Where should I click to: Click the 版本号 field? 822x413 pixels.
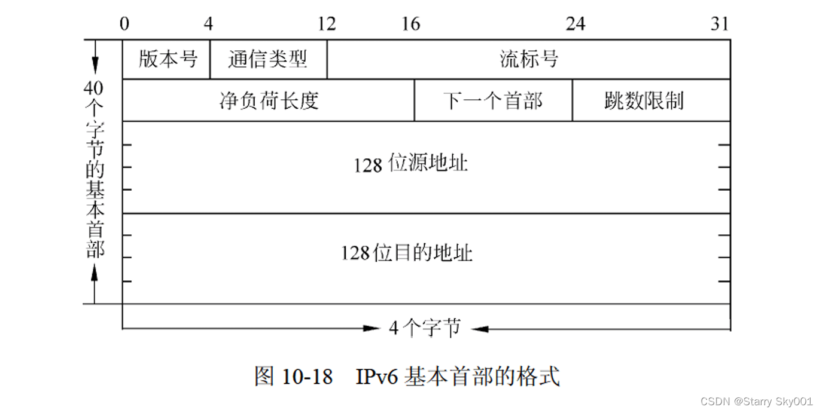pyautogui.click(x=168, y=59)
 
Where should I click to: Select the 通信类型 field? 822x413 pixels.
pyautogui.click(x=267, y=59)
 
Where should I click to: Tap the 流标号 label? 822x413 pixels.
pyautogui.click(x=529, y=59)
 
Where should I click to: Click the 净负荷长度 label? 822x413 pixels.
pyautogui.click(x=269, y=100)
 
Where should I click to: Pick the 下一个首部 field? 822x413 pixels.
pyautogui.click(x=493, y=100)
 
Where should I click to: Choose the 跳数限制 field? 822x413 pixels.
pyautogui.click(x=644, y=100)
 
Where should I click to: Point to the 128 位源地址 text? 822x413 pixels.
pyautogui.click(x=410, y=164)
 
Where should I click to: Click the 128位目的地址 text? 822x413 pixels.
pyautogui.click(x=407, y=253)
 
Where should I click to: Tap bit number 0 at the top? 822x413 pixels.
pyautogui.click(x=124, y=23)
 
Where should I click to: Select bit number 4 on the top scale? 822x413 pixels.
pyautogui.click(x=208, y=23)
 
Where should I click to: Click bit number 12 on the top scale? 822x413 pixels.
pyautogui.click(x=327, y=23)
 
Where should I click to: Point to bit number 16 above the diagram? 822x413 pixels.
pyautogui.click(x=410, y=23)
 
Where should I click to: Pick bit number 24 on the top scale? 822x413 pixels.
pyautogui.click(x=575, y=23)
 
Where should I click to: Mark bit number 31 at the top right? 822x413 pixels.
pyautogui.click(x=720, y=23)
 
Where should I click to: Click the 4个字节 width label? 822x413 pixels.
pyautogui.click(x=425, y=328)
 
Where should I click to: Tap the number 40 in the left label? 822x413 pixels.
pyautogui.click(x=93, y=88)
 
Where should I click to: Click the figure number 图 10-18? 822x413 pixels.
pyautogui.click(x=293, y=377)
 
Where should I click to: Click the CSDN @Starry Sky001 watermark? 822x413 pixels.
pyautogui.click(x=756, y=402)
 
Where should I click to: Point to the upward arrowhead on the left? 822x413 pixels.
pyautogui.click(x=94, y=272)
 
